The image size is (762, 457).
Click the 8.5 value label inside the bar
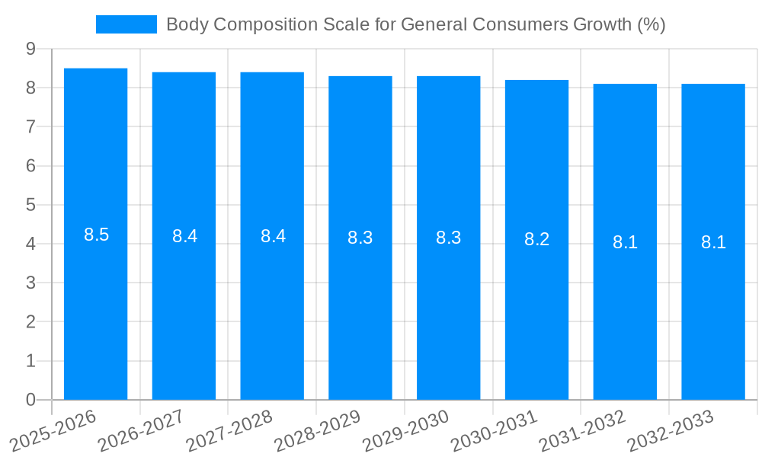[x=97, y=235]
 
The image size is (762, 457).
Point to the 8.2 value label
[x=536, y=239]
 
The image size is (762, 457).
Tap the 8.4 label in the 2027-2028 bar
[x=273, y=236]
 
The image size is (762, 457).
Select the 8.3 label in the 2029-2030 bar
[x=448, y=238]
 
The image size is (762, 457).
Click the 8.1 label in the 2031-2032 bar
[x=625, y=242]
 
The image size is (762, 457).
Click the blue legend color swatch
[x=126, y=24]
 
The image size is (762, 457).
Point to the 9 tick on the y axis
[x=30, y=49]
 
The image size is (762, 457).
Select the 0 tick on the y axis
[x=30, y=400]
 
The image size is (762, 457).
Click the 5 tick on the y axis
[x=30, y=205]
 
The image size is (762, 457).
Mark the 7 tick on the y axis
[x=30, y=126]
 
